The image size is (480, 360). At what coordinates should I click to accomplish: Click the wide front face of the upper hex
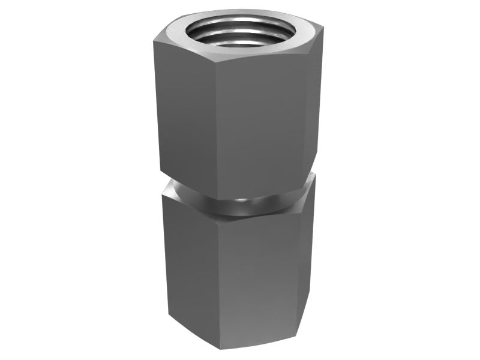[x=261, y=126]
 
